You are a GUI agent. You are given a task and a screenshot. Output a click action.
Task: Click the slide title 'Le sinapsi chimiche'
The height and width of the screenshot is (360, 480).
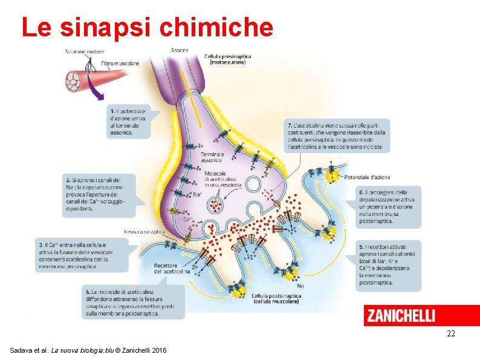(147, 27)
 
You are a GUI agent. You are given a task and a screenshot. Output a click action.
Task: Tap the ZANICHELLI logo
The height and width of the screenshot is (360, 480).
(400, 316)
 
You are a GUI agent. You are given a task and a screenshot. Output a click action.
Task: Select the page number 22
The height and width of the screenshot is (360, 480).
(450, 334)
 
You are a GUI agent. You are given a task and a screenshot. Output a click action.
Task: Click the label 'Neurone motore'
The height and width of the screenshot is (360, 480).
(85, 52)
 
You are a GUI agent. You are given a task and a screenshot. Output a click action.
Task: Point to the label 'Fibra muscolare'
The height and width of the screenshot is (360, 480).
(120, 63)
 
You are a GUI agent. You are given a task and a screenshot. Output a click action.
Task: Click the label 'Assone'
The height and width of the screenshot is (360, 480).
(180, 50)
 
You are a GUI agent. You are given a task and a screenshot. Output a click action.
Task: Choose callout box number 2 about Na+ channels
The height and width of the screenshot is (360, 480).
(100, 194)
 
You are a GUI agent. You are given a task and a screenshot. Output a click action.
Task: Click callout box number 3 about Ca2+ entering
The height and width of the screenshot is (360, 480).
(82, 254)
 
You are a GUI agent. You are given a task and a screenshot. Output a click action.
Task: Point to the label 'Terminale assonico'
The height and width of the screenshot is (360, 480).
(212, 158)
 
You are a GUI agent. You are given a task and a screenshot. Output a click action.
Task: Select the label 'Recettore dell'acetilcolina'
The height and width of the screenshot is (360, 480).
(172, 269)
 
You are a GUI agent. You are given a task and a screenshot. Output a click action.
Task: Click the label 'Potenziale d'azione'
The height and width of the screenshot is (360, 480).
(367, 177)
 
